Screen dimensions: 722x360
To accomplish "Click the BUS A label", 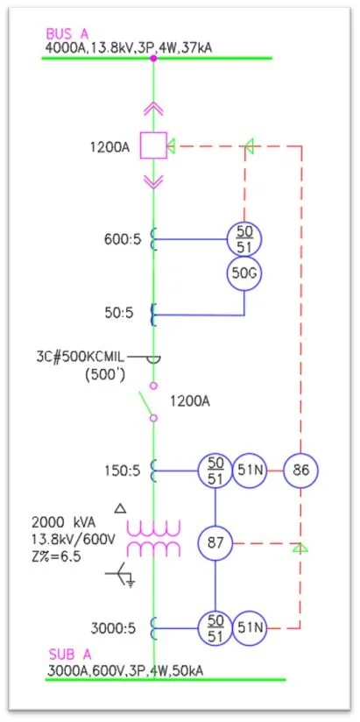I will click(x=67, y=33).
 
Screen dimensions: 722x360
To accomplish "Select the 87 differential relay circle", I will click(x=215, y=544).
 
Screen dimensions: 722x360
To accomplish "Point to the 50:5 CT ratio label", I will click(x=122, y=312).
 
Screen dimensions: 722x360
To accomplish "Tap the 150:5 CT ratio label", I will click(x=118, y=471).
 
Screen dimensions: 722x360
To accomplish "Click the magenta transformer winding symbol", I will click(x=154, y=537).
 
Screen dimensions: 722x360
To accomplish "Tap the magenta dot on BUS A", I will click(x=154, y=58).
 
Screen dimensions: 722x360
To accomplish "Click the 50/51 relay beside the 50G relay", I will click(x=244, y=237).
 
